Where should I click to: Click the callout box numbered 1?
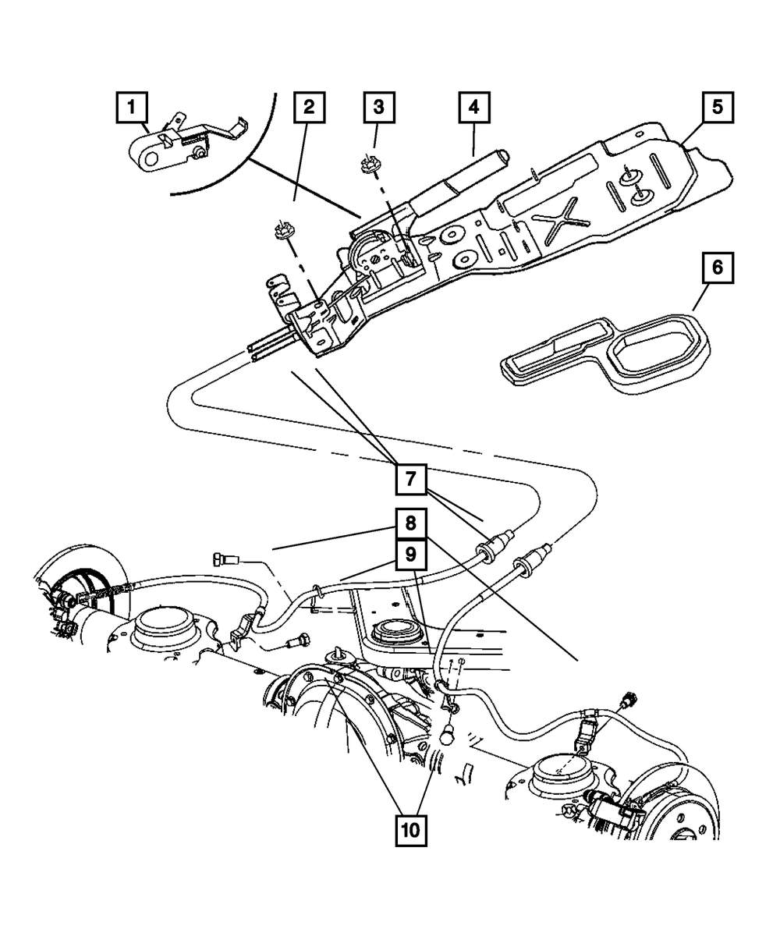132,105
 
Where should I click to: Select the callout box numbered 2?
309,108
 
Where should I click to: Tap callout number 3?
378,108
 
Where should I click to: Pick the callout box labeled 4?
473,108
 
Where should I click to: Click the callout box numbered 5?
717,105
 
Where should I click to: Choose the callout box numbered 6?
717,269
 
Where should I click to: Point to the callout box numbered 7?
411,477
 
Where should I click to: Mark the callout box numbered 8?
411,523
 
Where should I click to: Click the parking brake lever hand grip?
468,179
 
